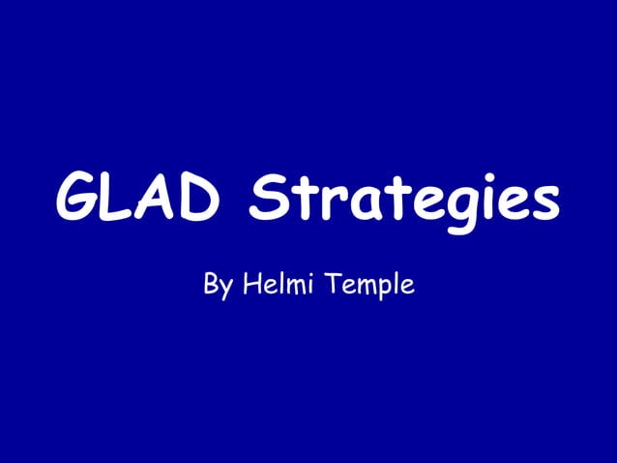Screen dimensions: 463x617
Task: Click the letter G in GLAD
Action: (78, 200)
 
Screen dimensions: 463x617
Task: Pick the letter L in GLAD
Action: (119, 200)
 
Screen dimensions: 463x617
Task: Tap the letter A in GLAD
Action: (156, 200)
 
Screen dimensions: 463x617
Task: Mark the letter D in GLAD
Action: (197, 200)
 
